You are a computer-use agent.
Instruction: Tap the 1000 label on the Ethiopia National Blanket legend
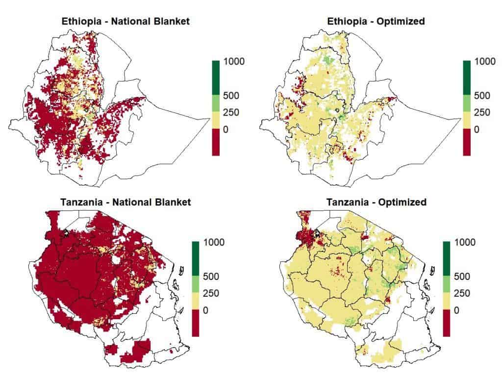click(x=234, y=62)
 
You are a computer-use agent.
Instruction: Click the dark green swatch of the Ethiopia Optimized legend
click(x=467, y=77)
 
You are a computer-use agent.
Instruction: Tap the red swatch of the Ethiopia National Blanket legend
click(x=216, y=142)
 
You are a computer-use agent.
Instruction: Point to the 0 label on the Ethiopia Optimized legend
click(x=476, y=129)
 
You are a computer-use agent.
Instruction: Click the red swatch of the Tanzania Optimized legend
click(x=446, y=323)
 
